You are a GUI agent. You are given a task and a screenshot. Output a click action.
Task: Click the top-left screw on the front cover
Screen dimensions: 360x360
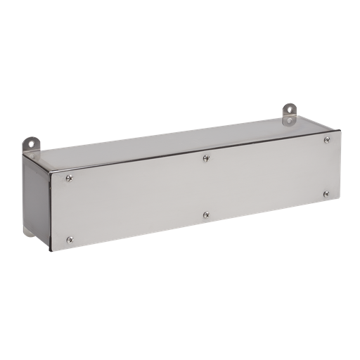point(69,179)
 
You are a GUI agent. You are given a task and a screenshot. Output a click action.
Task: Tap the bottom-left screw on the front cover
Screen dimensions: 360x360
point(69,240)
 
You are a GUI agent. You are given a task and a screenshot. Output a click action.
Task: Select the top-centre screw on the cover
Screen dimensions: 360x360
point(205,158)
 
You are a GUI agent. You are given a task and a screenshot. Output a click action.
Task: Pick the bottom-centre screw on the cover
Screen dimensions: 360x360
point(205,214)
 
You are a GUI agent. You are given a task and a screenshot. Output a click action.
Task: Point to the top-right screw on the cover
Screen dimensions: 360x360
point(327,140)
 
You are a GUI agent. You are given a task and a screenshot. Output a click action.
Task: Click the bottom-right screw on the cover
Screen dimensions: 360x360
point(326,194)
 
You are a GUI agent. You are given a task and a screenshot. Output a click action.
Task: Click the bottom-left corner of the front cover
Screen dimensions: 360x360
point(51,251)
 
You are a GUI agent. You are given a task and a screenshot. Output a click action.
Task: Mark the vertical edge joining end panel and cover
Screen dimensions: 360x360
point(49,211)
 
